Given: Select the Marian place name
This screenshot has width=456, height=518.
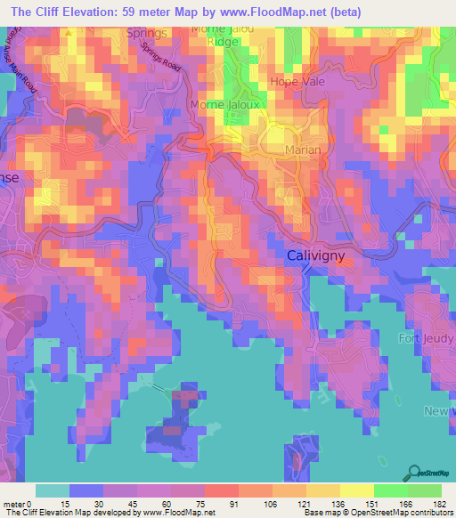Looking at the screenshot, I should click(303, 150).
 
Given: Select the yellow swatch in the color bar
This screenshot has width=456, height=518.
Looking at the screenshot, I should click(357, 490).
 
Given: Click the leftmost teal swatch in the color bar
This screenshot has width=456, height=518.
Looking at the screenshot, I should click(53, 490).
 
